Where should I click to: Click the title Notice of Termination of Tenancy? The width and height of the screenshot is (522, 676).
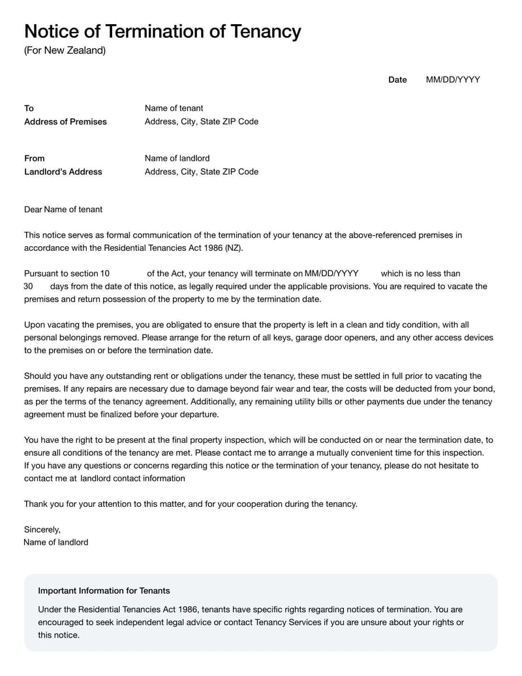pos(162,31)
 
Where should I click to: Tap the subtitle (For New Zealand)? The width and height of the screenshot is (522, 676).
pos(65,50)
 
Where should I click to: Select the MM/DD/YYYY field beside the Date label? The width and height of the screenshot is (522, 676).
pos(453,80)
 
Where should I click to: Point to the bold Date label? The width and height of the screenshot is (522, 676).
pos(397,80)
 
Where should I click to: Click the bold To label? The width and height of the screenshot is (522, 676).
pos(29,108)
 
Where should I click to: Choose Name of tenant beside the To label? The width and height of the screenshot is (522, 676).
pos(174,108)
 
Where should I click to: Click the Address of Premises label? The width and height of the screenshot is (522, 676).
pos(65,121)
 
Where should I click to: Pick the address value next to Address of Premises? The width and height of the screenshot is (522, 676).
pos(201,121)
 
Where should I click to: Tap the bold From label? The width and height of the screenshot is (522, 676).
pos(35,159)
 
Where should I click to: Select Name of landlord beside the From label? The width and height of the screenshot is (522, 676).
pos(177,159)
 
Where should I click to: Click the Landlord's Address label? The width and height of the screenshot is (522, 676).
pos(63,172)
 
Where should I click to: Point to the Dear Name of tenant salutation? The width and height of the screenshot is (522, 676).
pos(63,210)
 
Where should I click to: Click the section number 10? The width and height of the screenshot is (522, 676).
pos(105,274)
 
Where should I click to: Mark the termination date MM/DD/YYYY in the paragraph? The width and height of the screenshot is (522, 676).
pos(331,274)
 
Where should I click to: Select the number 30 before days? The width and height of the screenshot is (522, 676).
pos(28,287)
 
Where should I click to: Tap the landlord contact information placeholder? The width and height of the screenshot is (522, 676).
pos(132,478)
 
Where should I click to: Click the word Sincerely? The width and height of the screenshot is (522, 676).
pos(42,530)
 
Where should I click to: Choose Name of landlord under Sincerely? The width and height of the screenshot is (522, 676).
pos(55,542)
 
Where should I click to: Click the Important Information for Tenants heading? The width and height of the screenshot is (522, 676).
pos(104,590)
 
